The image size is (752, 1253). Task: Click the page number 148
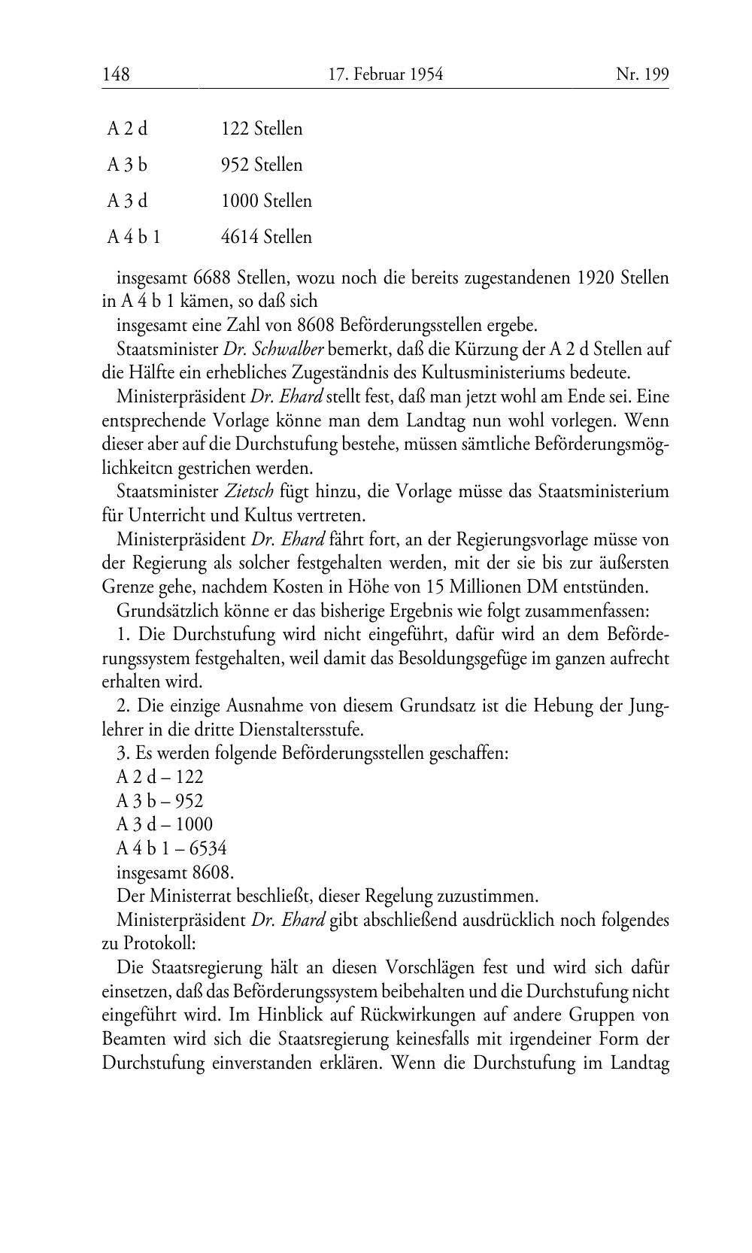[x=116, y=74]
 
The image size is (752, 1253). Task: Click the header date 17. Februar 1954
[x=386, y=74]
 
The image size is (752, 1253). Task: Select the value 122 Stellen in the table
[x=262, y=129]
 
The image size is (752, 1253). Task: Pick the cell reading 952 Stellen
[x=262, y=165]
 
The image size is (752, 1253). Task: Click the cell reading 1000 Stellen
[x=266, y=201]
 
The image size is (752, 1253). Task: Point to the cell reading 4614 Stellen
[x=266, y=237]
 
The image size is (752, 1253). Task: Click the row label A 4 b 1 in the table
[x=134, y=237]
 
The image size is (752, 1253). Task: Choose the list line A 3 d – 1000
[x=165, y=824]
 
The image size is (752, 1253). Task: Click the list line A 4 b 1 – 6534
[x=171, y=848]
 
